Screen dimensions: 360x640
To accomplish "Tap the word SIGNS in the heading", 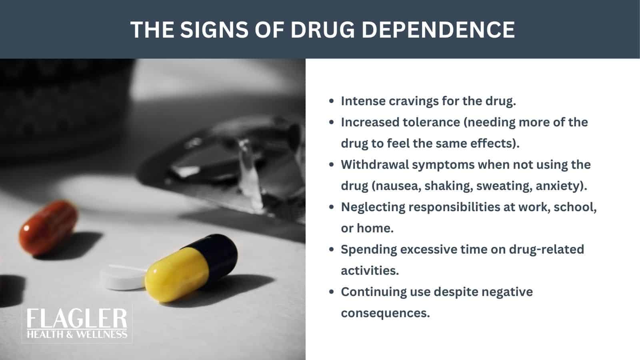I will coord(215,29).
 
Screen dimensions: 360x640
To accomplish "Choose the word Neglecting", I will coord(371,207).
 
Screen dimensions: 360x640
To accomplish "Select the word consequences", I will coord(385,313).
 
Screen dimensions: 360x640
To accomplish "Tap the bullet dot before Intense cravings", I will coord(331,101).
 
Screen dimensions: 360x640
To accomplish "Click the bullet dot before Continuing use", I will coord(331,292).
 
